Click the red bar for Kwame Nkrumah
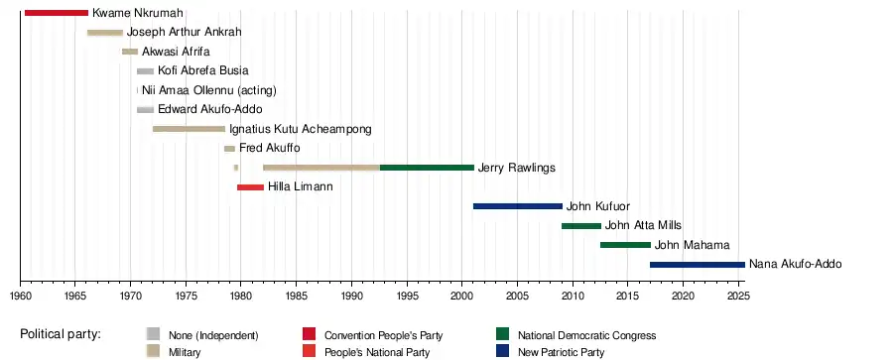[57, 13]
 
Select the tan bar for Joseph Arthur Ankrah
[105, 33]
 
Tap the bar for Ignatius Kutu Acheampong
[190, 129]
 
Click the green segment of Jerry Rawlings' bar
[427, 168]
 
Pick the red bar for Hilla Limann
[251, 186]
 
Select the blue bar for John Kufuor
[518, 206]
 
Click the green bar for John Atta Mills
[581, 225]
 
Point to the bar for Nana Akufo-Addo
[698, 265]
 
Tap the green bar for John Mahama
[625, 245]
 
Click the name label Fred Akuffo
[269, 148]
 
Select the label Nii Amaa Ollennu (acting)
[209, 90]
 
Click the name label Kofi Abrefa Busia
[203, 70]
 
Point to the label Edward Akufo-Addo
[210, 109]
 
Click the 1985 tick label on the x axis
[296, 296]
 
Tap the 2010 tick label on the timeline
[573, 296]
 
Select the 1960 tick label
[20, 296]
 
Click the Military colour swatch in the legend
[153, 350]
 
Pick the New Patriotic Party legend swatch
[502, 350]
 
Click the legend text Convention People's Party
[383, 335]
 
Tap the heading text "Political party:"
[61, 334]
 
